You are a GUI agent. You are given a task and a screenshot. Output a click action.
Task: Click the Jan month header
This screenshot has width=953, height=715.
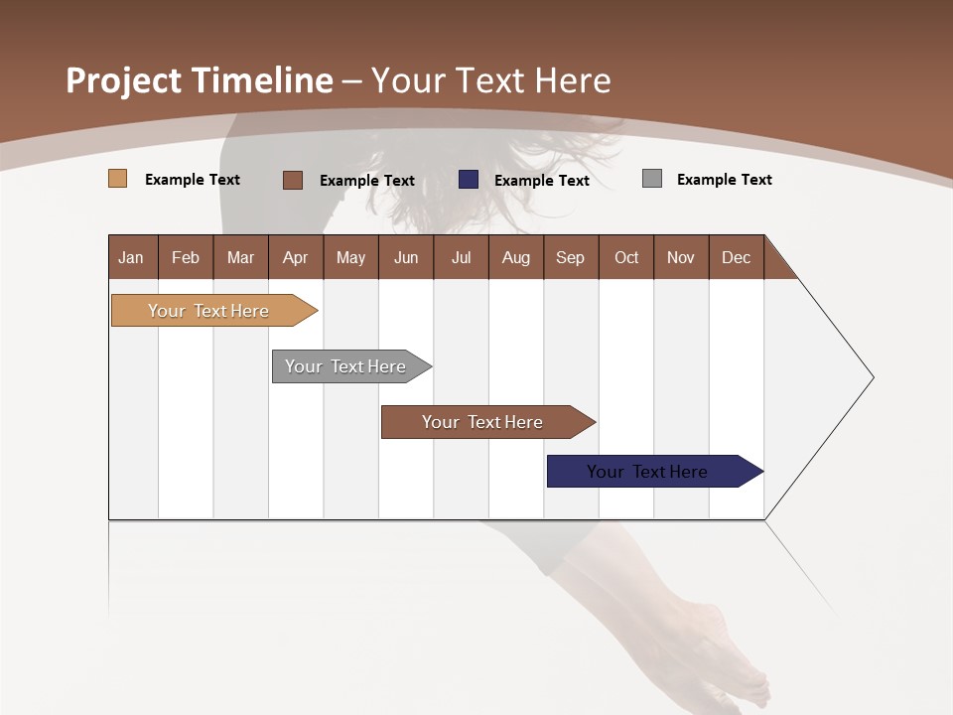point(132,257)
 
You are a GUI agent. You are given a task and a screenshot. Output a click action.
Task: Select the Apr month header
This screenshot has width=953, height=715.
point(295,257)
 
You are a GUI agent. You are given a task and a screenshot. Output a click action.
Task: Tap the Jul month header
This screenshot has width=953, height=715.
point(461,257)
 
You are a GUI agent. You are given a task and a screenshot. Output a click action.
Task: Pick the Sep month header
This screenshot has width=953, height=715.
point(570,257)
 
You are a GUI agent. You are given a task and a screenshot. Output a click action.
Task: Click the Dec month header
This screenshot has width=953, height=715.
point(736,257)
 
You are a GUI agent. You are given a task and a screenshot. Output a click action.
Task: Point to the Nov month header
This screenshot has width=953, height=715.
point(680,257)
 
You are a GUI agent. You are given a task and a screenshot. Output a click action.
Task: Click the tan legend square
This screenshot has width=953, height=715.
point(117,179)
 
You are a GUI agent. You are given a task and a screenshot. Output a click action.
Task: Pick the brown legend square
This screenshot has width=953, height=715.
point(292,180)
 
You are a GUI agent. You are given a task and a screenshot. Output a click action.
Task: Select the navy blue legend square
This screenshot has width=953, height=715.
point(469,180)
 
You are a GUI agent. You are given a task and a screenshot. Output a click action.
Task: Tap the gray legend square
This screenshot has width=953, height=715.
point(652,179)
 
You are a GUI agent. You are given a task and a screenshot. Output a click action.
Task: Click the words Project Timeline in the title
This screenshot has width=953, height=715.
point(199,80)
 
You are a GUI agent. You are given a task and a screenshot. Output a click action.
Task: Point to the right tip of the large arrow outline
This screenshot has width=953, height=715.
point(873,377)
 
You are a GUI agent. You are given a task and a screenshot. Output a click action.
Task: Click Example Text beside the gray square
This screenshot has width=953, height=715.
point(724,180)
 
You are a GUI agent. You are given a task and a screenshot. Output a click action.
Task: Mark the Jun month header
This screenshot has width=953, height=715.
point(405,257)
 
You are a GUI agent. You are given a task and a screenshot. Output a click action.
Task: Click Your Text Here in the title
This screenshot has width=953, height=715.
point(490,80)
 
